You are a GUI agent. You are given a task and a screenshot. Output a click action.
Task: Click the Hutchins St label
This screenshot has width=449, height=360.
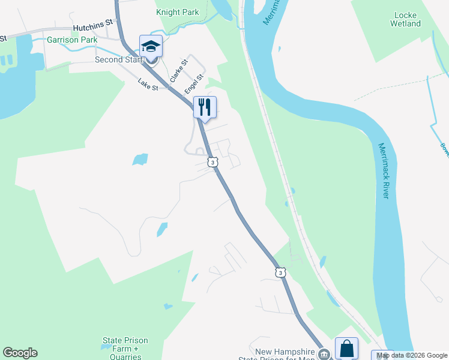click(x=93, y=24)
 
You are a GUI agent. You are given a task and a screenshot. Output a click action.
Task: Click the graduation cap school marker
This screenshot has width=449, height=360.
click(x=151, y=46)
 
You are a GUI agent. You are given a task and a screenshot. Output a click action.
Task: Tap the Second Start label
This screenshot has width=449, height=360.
click(x=119, y=59)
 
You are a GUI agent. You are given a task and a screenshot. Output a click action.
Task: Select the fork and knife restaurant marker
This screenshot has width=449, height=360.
click(x=205, y=107)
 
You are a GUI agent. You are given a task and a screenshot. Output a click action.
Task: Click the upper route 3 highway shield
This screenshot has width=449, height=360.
click(x=212, y=162)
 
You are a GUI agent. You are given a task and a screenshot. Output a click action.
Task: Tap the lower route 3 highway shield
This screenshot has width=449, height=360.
click(x=280, y=272)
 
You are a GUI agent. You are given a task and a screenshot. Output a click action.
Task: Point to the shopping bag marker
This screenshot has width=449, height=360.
click(x=347, y=348)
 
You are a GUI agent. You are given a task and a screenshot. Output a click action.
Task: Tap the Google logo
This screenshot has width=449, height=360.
click(x=20, y=353)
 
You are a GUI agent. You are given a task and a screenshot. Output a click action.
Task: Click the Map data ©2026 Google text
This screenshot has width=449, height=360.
click(x=412, y=355)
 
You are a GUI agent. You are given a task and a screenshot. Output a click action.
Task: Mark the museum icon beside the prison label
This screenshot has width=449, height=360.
click(x=325, y=355)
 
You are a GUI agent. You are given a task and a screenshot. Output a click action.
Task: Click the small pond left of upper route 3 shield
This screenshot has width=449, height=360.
click(x=140, y=159)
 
